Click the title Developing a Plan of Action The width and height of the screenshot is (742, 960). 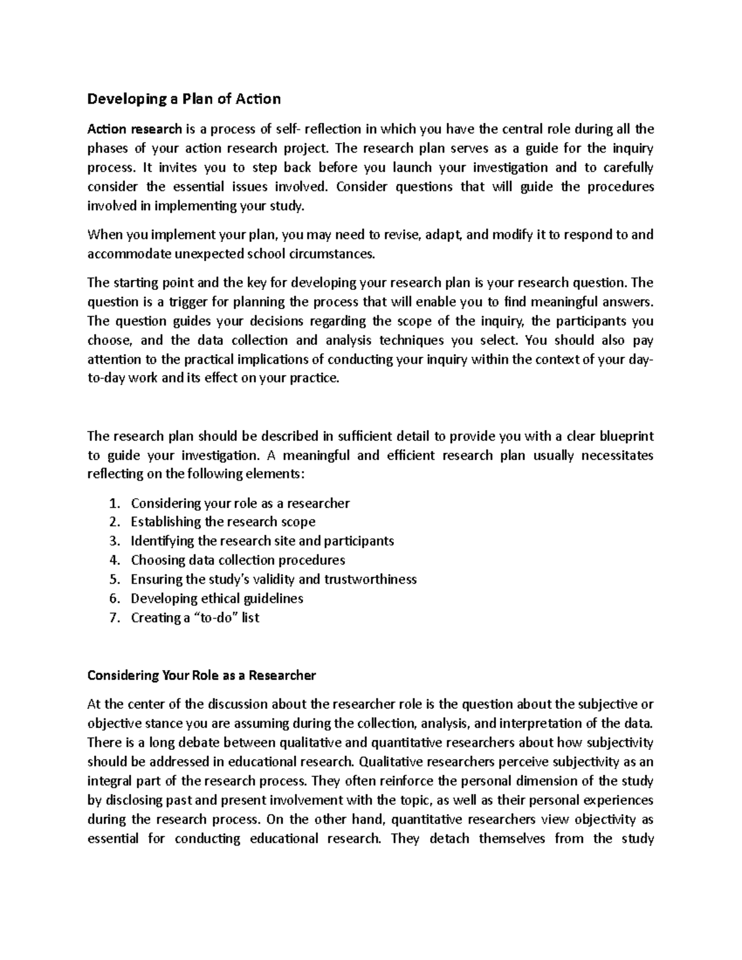pos(184,99)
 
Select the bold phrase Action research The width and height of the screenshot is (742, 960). pos(134,129)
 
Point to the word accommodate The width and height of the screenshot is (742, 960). pos(123,254)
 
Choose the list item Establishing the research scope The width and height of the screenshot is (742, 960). pos(223,522)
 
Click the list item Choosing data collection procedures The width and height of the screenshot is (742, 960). pos(238,560)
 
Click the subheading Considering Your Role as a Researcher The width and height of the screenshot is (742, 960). pos(202,675)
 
